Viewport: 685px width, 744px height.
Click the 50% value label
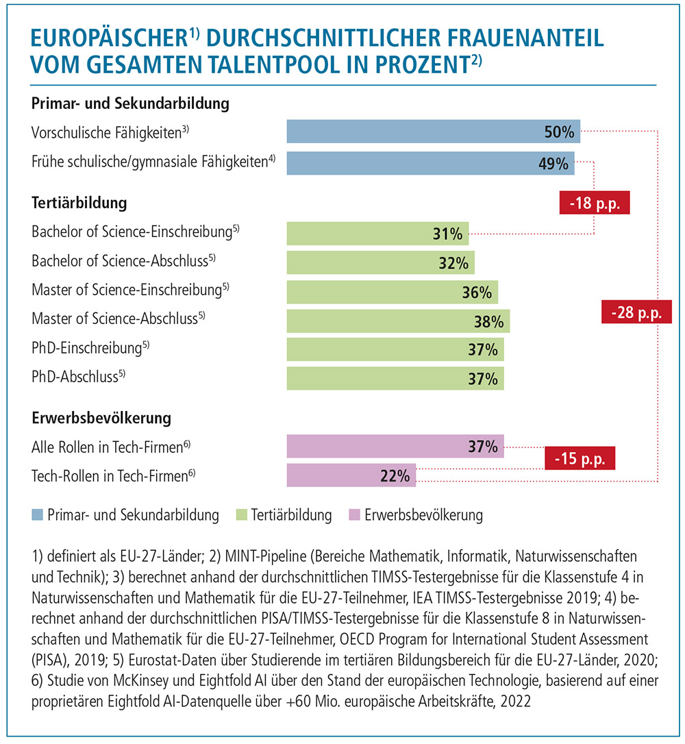click(x=559, y=132)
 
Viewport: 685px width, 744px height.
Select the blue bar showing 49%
click(x=430, y=163)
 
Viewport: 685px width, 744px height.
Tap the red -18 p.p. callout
click(x=595, y=203)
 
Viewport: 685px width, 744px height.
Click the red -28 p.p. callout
click(x=636, y=312)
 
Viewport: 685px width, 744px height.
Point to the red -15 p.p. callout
click(x=580, y=458)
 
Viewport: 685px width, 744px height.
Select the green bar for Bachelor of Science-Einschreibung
click(x=377, y=234)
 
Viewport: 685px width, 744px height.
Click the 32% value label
click(x=453, y=263)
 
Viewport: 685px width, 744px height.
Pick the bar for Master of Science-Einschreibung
click(x=393, y=292)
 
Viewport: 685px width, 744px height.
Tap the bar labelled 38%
click(x=398, y=321)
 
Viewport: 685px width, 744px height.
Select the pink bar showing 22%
click(x=351, y=475)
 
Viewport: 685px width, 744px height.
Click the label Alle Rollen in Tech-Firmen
click(x=110, y=447)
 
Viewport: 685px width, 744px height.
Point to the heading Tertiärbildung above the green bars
click(x=79, y=203)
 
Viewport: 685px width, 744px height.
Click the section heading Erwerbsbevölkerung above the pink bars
click(x=101, y=418)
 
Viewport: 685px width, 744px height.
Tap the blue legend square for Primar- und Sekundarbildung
click(x=37, y=514)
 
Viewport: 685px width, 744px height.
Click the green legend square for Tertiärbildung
click(x=241, y=514)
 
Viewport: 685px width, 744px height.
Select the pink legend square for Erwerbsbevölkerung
click(x=354, y=514)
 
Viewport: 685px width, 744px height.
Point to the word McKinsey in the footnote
click(x=140, y=680)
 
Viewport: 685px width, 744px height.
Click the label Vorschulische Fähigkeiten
click(x=110, y=132)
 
